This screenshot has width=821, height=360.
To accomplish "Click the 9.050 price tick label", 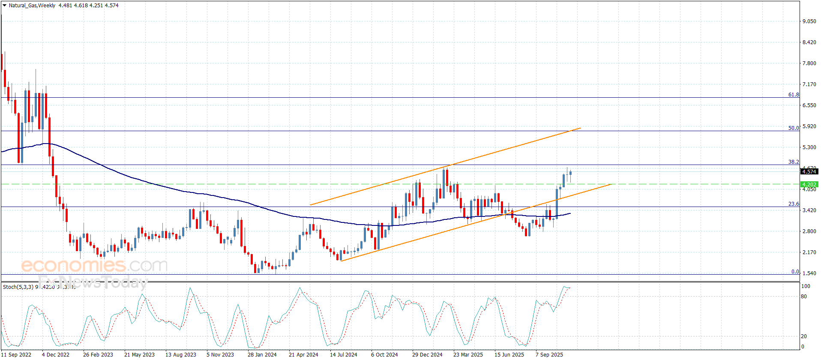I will (x=809, y=21).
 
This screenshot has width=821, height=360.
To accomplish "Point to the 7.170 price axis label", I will (x=809, y=84).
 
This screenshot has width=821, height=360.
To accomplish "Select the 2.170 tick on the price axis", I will (x=809, y=252).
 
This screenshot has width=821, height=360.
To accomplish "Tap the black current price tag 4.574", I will (x=809, y=172).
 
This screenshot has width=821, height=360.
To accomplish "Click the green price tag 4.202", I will (x=809, y=185).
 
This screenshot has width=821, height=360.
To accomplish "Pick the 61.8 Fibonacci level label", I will (x=794, y=95).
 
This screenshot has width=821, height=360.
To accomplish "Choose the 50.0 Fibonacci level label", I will (x=794, y=128).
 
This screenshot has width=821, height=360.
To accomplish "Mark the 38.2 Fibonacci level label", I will (x=794, y=162).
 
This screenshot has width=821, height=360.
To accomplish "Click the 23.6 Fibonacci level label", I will (x=794, y=204).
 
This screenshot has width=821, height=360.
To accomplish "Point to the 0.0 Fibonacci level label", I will (x=795, y=272).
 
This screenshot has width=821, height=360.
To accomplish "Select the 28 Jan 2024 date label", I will (x=262, y=354).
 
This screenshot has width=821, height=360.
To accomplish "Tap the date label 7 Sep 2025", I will (x=549, y=354).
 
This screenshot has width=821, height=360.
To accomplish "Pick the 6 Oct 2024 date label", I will (x=384, y=354).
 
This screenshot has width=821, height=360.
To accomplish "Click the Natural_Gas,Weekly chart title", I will (x=32, y=6).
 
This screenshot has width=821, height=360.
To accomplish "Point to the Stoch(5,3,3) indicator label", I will (x=18, y=287).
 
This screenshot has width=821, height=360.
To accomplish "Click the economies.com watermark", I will (x=94, y=266).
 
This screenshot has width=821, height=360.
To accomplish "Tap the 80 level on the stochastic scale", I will (x=803, y=297).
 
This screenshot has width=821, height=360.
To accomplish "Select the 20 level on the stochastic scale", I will (x=803, y=336).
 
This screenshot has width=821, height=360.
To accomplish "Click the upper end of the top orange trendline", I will (x=581, y=128).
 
